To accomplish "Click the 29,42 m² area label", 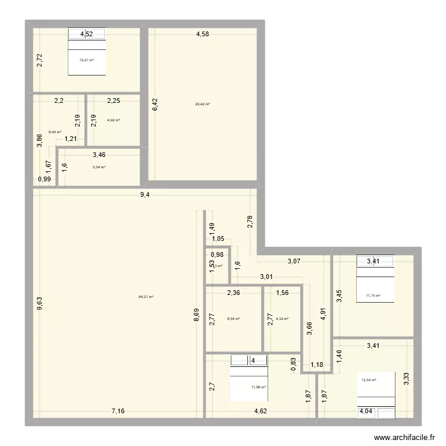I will (202, 104).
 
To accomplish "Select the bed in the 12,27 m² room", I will (87, 52).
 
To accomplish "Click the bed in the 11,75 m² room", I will (375, 279).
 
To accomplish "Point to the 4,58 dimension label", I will (203, 34).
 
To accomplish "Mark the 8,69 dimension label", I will (196, 315).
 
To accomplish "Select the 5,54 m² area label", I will (99, 167).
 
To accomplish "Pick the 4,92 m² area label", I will (114, 120).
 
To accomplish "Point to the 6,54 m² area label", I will (234, 319).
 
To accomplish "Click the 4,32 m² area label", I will (282, 319).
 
